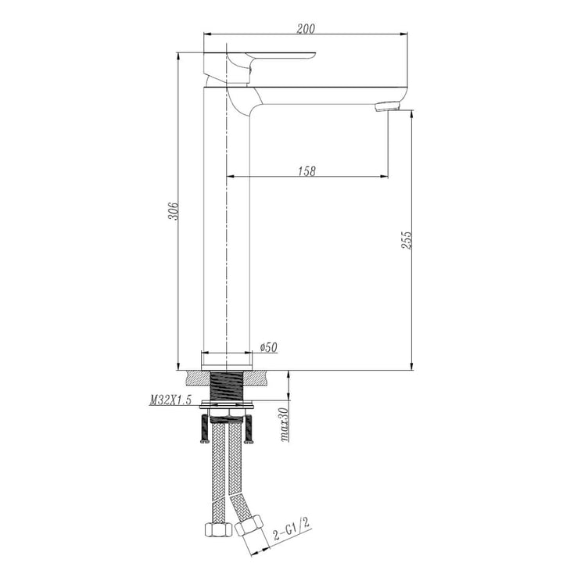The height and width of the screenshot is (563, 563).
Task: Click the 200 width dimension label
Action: [x=306, y=28]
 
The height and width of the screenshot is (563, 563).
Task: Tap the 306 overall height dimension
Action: [x=173, y=211]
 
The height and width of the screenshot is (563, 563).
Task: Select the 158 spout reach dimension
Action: [x=307, y=171]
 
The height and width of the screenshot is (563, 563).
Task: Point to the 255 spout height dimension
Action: [x=407, y=240]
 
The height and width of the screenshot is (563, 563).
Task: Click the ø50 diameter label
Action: [x=268, y=347]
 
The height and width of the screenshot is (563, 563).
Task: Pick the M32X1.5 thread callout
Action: [x=170, y=400]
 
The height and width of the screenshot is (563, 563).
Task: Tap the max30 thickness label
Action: [x=284, y=424]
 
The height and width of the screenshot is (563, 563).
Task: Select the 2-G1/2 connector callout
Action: [x=291, y=529]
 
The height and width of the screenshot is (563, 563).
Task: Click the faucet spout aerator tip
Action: [x=387, y=106]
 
